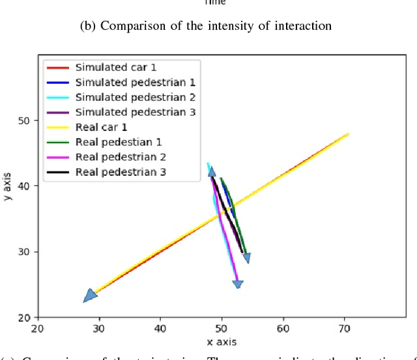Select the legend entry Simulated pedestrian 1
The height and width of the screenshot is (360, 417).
(135, 82)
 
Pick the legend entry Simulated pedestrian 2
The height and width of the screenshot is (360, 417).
(135, 97)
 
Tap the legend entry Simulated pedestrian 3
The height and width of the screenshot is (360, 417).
(135, 112)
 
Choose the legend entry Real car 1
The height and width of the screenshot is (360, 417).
(101, 127)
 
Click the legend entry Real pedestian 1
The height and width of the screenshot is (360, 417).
(119, 142)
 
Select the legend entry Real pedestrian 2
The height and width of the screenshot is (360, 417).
(121, 157)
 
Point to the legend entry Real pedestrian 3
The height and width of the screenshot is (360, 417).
(121, 172)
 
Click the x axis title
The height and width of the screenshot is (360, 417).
(221, 342)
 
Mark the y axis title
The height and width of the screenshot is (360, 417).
(8, 186)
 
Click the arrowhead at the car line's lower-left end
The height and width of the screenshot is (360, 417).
(90, 296)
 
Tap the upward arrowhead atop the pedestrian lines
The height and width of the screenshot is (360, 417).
(212, 172)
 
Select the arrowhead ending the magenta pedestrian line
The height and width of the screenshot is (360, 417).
(238, 284)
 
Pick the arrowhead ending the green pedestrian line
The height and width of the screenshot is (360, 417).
(246, 258)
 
